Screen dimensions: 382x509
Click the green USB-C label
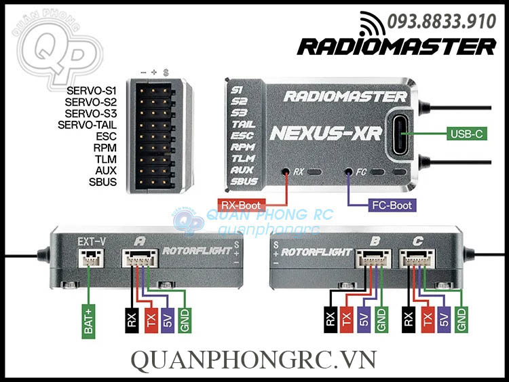(467, 134)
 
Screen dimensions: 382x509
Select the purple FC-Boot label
(392, 204)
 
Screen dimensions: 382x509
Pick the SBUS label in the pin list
(103, 183)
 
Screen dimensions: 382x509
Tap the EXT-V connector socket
(88, 259)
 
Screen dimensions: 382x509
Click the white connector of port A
(138, 259)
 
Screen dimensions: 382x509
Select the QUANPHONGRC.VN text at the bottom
(253, 360)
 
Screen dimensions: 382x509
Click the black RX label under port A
(132, 319)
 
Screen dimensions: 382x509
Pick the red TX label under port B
(346, 319)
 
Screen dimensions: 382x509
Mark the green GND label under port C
(462, 319)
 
